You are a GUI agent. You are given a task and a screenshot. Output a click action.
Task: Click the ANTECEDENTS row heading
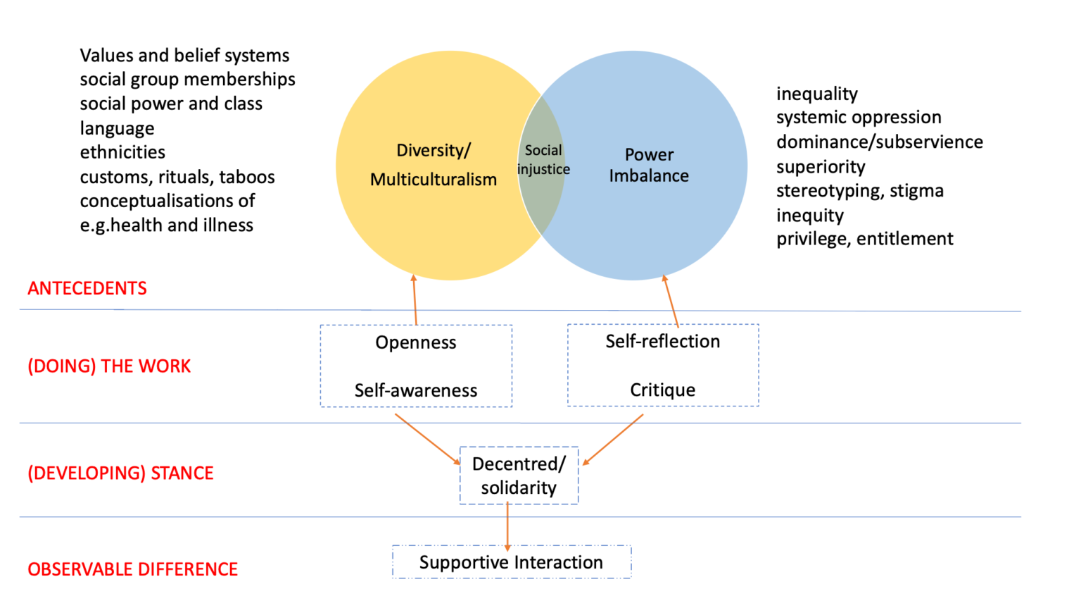tap(87, 288)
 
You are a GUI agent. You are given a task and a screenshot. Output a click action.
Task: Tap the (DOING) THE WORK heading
tap(109, 366)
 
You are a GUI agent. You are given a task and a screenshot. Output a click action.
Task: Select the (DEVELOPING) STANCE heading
tap(120, 473)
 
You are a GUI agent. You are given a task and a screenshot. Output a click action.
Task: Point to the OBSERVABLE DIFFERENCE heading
tap(132, 569)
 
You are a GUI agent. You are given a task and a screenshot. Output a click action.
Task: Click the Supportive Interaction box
tap(512, 562)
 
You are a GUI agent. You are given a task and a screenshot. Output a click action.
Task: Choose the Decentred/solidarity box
tap(519, 476)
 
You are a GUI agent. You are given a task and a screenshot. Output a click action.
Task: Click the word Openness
tap(416, 342)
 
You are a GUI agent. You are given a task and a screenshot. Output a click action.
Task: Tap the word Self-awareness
tap(416, 390)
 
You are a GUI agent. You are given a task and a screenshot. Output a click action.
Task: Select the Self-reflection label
tap(663, 341)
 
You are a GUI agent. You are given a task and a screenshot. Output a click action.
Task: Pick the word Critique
tap(663, 390)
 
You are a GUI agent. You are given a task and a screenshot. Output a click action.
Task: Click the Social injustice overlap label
tap(543, 160)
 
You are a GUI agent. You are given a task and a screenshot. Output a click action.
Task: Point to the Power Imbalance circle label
tap(649, 165)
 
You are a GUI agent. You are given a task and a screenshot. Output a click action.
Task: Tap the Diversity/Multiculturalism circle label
tap(434, 165)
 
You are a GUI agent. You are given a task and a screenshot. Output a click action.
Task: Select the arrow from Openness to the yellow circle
tap(415, 299)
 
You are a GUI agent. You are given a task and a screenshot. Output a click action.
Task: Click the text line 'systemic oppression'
tap(859, 117)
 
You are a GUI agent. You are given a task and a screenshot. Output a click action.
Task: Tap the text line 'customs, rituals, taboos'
tap(177, 177)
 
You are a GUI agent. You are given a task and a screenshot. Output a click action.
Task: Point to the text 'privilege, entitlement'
tap(865, 239)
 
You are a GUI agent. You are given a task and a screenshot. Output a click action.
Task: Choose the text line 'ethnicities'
tap(122, 152)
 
